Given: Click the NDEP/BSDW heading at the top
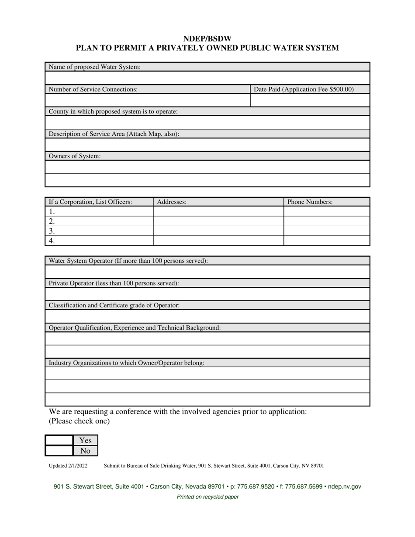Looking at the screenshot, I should pyautogui.click(x=207, y=39).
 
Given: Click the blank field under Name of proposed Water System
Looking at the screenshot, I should pyautogui.click(x=207, y=78).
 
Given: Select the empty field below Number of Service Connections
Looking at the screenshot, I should pyautogui.click(x=147, y=100).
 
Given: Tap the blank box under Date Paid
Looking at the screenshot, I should pyautogui.click(x=310, y=100).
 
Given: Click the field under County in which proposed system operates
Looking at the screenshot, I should pyautogui.click(x=207, y=123).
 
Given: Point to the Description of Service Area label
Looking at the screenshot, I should pyautogui.click(x=114, y=134).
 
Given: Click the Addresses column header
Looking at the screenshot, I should pyautogui.click(x=172, y=202).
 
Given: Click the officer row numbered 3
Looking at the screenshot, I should pyautogui.click(x=99, y=231).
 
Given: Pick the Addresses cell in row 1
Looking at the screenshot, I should pyautogui.click(x=218, y=212).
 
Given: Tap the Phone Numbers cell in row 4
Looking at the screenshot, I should pyautogui.click(x=326, y=241).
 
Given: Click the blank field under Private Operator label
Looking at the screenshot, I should pyautogui.click(x=207, y=294).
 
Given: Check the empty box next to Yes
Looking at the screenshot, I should pyautogui.click(x=59, y=441).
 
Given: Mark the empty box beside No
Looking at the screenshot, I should pyautogui.click(x=59, y=451).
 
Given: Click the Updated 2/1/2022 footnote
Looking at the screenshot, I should pyautogui.click(x=68, y=466).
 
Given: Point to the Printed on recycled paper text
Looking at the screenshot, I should pyautogui.click(x=207, y=497).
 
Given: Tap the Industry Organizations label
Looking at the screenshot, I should pyautogui.click(x=126, y=363).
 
